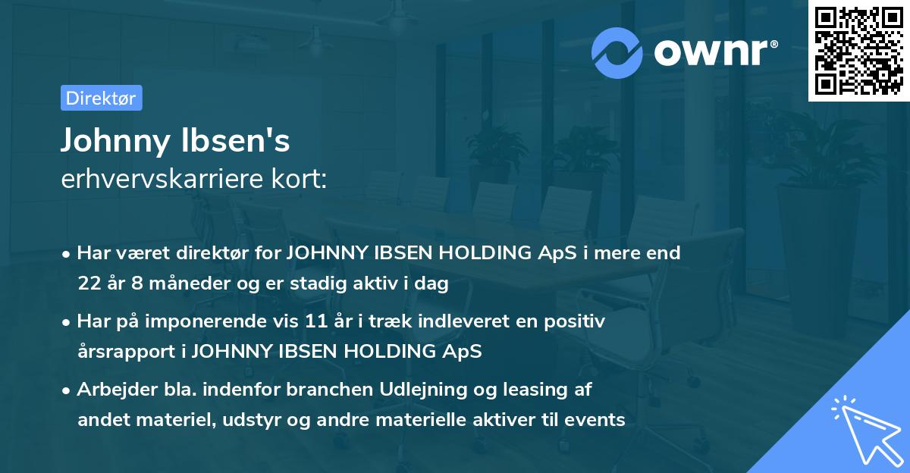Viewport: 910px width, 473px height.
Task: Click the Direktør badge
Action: [x=101, y=98]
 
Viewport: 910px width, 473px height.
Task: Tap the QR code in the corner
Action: [x=858, y=50]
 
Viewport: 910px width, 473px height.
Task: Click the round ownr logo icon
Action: [x=617, y=52]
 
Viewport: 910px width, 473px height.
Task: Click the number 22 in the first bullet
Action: [x=89, y=284]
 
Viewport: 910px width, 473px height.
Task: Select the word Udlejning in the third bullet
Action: [x=416, y=390]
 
